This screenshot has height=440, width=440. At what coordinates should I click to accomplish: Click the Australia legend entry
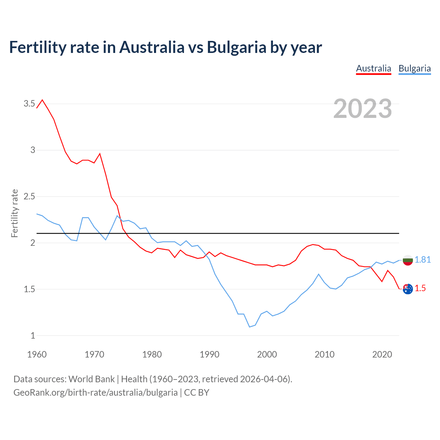click(373, 68)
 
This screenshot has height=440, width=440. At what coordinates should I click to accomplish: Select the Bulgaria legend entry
click(415, 68)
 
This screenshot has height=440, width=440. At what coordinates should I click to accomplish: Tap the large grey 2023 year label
click(363, 109)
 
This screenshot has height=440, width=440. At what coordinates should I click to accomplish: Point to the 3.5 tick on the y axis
click(29, 103)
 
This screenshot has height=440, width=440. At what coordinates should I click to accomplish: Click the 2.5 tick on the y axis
click(29, 196)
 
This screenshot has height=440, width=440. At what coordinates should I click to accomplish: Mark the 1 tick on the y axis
click(33, 335)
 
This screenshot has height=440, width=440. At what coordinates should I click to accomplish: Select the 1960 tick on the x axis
click(37, 354)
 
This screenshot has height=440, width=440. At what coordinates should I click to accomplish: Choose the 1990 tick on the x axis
click(209, 354)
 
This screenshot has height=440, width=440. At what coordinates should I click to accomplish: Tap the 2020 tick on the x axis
click(382, 354)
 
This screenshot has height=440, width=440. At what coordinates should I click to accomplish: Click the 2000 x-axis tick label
click(267, 354)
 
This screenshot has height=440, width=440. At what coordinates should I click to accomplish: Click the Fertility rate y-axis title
click(14, 213)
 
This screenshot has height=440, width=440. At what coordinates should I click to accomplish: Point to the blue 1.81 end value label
click(422, 260)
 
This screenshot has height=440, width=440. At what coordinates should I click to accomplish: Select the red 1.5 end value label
click(420, 288)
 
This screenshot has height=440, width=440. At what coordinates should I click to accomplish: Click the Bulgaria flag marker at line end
click(408, 260)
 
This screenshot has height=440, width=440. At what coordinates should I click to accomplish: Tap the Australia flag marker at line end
click(408, 289)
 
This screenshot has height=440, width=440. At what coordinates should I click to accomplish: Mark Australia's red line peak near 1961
click(42, 100)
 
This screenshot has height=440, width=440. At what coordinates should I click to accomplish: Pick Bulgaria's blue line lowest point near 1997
click(250, 327)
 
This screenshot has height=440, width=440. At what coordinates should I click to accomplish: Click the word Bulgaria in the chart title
click(236, 47)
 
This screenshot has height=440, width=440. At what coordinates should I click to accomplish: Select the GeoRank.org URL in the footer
click(96, 392)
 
